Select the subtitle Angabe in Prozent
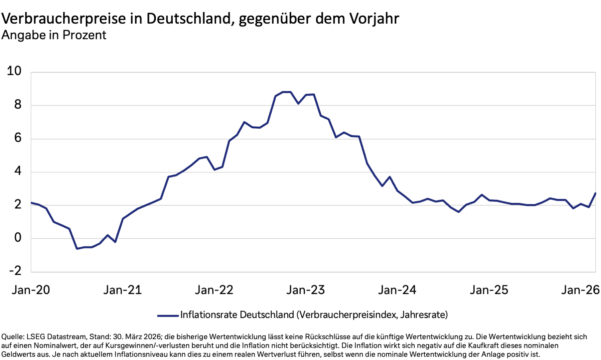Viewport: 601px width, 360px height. click(x=54, y=35)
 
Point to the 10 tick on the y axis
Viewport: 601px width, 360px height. click(x=14, y=71)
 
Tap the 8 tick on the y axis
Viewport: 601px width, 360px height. click(x=17, y=105)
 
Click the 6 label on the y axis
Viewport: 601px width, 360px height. click(x=17, y=138)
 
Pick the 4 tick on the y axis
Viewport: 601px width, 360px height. click(x=17, y=172)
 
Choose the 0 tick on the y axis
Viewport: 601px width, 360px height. click(x=17, y=238)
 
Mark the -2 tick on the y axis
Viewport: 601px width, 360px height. click(x=15, y=271)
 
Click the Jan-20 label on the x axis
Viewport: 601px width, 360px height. click(x=31, y=290)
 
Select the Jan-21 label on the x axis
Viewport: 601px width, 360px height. click(x=123, y=290)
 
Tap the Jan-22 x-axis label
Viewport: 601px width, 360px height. click(x=214, y=290)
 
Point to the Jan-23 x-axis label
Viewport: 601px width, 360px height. click(x=305, y=290)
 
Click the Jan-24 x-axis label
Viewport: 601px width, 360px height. click(x=397, y=290)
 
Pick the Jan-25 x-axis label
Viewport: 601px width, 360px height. click(x=489, y=290)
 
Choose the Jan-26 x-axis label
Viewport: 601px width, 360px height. click(x=580, y=290)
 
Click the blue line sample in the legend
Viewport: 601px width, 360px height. click(x=168, y=316)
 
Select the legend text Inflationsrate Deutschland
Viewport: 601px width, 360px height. click(x=237, y=315)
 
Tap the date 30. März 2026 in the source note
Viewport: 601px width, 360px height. click(x=137, y=337)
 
